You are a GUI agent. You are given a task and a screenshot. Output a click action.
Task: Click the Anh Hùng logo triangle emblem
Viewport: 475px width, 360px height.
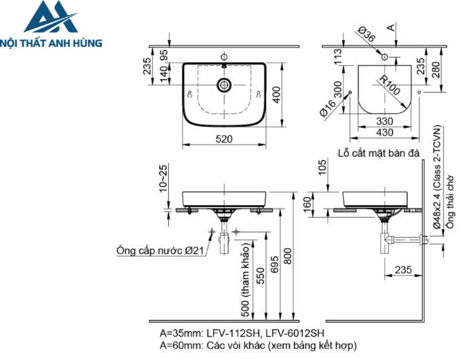pos(50,18)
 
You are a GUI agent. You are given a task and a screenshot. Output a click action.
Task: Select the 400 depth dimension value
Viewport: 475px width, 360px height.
pos(276,96)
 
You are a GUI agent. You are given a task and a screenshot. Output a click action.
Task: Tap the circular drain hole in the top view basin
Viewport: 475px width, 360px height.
pos(223,86)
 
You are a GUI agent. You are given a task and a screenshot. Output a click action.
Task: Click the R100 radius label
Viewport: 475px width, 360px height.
pos(389,87)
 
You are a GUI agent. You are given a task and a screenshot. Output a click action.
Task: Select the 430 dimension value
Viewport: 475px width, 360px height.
pos(383,132)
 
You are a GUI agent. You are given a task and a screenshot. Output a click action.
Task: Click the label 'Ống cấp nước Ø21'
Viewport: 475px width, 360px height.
pos(160,251)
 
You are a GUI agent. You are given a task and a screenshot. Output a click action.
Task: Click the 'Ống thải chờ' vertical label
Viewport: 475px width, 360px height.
pos(450,202)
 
